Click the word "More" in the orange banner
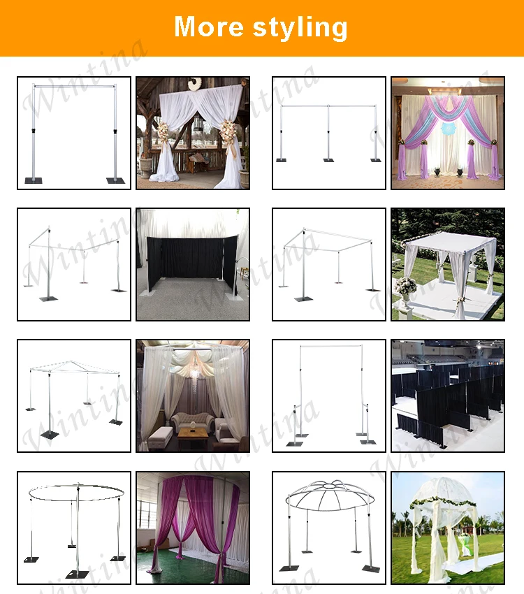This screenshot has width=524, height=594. coord(209,27)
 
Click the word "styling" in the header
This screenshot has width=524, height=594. coord(300,28)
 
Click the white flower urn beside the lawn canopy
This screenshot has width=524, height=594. coord(405,291)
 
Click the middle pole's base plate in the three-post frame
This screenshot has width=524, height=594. coord(328,160)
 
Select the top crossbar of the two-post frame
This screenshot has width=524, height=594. coord(74,87)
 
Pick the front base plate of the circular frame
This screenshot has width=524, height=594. coord(78,574)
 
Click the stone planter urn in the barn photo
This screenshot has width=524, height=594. coord(146,168)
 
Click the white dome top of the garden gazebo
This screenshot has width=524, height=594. coord(444,492)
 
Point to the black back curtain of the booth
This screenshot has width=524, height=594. coord(191,259)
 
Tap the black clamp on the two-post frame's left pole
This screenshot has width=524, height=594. coord(34,131)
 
